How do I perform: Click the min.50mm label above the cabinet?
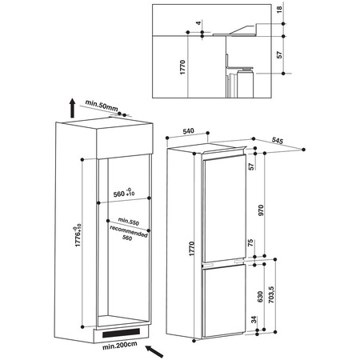pos(102,106)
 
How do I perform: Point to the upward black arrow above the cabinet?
pos(72,108)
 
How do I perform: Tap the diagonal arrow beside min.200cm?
pos(154,351)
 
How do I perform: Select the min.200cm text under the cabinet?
pos(120,345)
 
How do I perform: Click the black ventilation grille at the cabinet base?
pos(121,333)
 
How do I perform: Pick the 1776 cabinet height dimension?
pos(78,235)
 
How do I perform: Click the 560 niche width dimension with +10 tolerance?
pos(124,193)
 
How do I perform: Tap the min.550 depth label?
pos(129,222)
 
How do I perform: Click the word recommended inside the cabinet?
pos(129,231)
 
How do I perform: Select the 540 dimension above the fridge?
pos(188,131)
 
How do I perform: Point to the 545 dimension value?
pos(278,141)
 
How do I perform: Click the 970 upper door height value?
pos(261,210)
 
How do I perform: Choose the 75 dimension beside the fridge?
pos(251,243)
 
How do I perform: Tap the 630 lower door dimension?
pos(260,297)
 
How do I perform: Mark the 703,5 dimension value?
pos(271,295)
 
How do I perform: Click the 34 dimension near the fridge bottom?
pos(254,319)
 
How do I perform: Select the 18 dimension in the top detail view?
pos(279,10)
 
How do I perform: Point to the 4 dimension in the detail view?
pos(198,23)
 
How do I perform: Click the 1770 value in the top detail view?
pos(182,67)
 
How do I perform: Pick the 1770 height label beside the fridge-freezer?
pos(192,249)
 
